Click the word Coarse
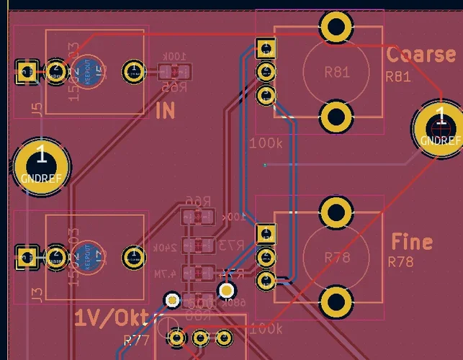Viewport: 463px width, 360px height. (x=421, y=55)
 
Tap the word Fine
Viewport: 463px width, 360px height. (x=412, y=241)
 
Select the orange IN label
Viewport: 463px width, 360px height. (x=165, y=110)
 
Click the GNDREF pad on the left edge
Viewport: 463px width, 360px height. (x=41, y=166)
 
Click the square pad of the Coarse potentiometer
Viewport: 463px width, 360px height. (x=266, y=49)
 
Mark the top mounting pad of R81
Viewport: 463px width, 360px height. (x=336, y=28)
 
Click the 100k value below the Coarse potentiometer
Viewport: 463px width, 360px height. (x=266, y=143)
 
